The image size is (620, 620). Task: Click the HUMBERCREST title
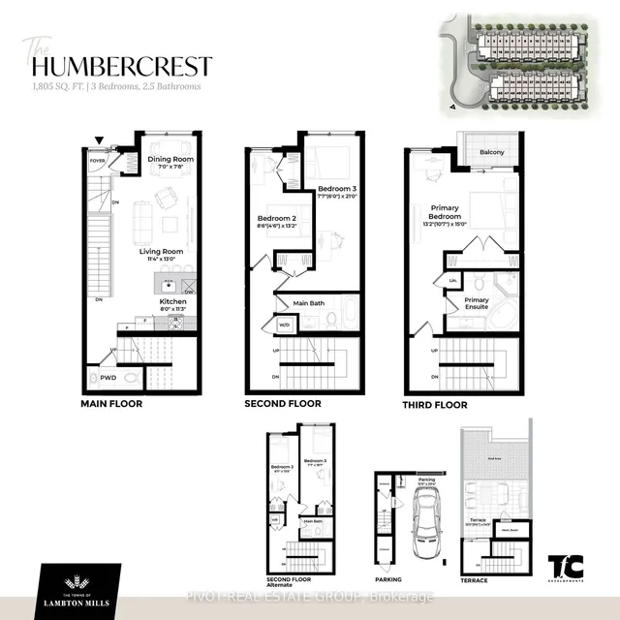pyautogui.click(x=122, y=66)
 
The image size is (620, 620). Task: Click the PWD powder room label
pyautogui.click(x=108, y=378)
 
